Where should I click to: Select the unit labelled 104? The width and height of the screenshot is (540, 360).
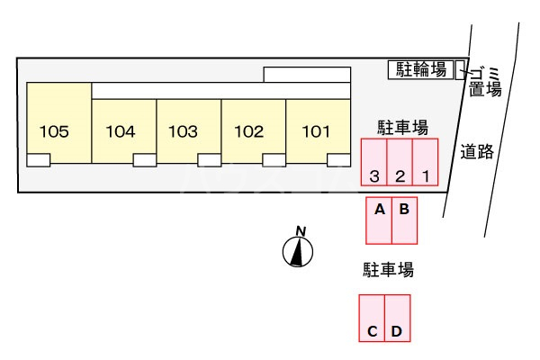coord(121,131)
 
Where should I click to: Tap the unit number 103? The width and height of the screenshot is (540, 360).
coord(184,131)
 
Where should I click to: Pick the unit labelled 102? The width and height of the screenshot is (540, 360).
coord(248,131)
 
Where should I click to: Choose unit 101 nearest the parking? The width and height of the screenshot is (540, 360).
coord(316,131)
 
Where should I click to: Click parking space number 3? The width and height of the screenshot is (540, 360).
coord(373,162)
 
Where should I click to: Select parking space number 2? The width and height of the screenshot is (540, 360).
coord(400,162)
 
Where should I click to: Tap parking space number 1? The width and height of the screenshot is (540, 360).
coord(426,162)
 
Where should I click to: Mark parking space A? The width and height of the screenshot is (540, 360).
coord(379,220)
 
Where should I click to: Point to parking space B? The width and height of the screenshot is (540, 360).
coord(405,220)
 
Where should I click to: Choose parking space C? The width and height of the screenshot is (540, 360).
coord(372,318)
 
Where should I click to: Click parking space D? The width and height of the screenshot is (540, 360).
coord(397,318)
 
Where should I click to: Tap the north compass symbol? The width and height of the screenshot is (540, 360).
coord(296,251)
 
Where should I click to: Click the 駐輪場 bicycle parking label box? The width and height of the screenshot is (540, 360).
coord(421,69)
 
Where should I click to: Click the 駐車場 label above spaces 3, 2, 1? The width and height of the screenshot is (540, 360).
coord(400,126)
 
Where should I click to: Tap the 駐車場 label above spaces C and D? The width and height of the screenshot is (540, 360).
coord(388,269)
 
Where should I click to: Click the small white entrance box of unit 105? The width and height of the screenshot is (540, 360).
coord(39,160)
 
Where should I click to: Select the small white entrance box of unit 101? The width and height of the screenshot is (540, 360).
coord(339,160)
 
